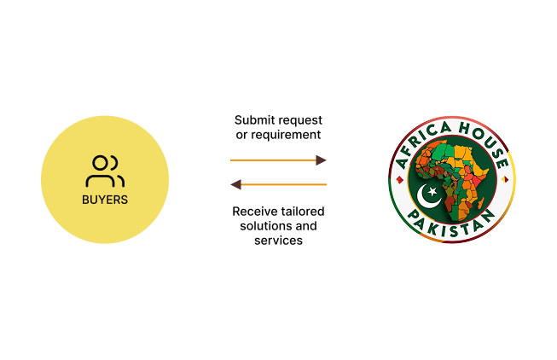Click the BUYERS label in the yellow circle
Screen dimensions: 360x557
(x=105, y=200)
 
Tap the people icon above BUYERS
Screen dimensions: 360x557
(x=105, y=171)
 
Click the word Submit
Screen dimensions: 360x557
(x=254, y=119)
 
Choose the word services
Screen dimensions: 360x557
(x=278, y=241)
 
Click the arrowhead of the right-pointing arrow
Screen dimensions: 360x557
(x=322, y=160)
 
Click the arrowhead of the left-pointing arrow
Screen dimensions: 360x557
(x=236, y=184)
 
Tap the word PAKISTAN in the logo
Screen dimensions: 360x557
(x=452, y=227)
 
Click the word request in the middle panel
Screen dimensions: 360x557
(x=302, y=119)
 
